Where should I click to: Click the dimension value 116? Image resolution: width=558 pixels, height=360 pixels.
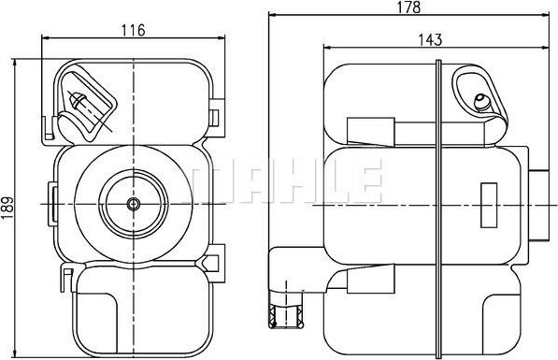[134, 30]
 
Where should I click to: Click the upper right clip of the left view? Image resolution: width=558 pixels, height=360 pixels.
[216, 116]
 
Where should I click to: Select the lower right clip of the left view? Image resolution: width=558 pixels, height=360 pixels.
[216, 262]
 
